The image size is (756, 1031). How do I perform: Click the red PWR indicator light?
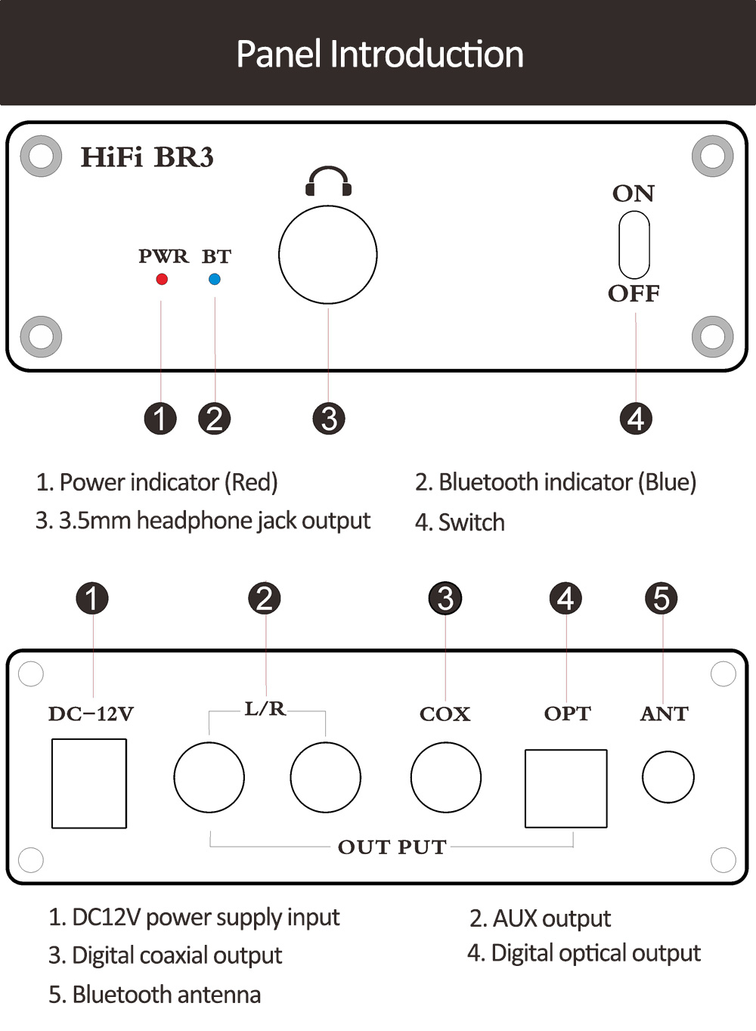click(x=161, y=279)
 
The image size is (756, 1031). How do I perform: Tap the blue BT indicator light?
click(x=215, y=279)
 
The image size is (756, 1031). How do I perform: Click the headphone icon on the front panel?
click(x=328, y=182)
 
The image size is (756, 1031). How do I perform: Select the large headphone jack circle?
click(x=328, y=255)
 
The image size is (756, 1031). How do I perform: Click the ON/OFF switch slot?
click(x=634, y=245)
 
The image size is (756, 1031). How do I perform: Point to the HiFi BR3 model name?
click(x=147, y=157)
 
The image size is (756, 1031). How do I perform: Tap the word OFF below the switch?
click(x=634, y=293)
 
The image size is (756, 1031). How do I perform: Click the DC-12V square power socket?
click(x=89, y=783)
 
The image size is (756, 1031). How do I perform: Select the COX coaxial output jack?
click(x=446, y=777)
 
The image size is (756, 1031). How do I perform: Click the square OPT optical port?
click(x=566, y=788)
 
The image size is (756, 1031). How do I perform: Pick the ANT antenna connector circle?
click(x=668, y=777)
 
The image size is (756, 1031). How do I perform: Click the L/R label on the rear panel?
click(x=265, y=709)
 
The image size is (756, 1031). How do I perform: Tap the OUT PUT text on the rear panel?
click(x=392, y=847)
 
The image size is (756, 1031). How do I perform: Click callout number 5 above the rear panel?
click(x=661, y=599)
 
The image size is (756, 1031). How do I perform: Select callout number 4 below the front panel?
click(x=636, y=419)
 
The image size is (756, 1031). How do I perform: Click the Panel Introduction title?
click(x=380, y=54)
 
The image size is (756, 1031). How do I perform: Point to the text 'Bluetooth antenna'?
click(x=166, y=994)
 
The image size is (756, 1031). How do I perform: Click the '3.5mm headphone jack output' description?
click(x=215, y=521)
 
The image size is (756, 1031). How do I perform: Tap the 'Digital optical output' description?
click(x=596, y=953)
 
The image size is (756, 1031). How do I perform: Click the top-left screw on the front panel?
click(x=41, y=156)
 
